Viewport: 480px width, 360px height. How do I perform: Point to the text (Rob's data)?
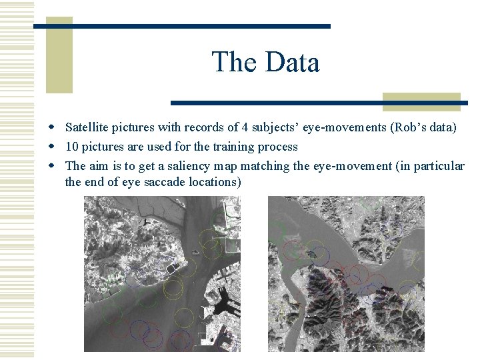point(423,127)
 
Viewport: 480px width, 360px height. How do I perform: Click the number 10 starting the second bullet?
point(71,146)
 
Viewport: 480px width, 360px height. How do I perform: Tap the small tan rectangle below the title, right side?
point(421,101)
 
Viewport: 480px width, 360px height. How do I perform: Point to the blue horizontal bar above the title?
point(181,26)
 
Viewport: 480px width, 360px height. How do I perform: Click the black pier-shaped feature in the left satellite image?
point(223,301)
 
